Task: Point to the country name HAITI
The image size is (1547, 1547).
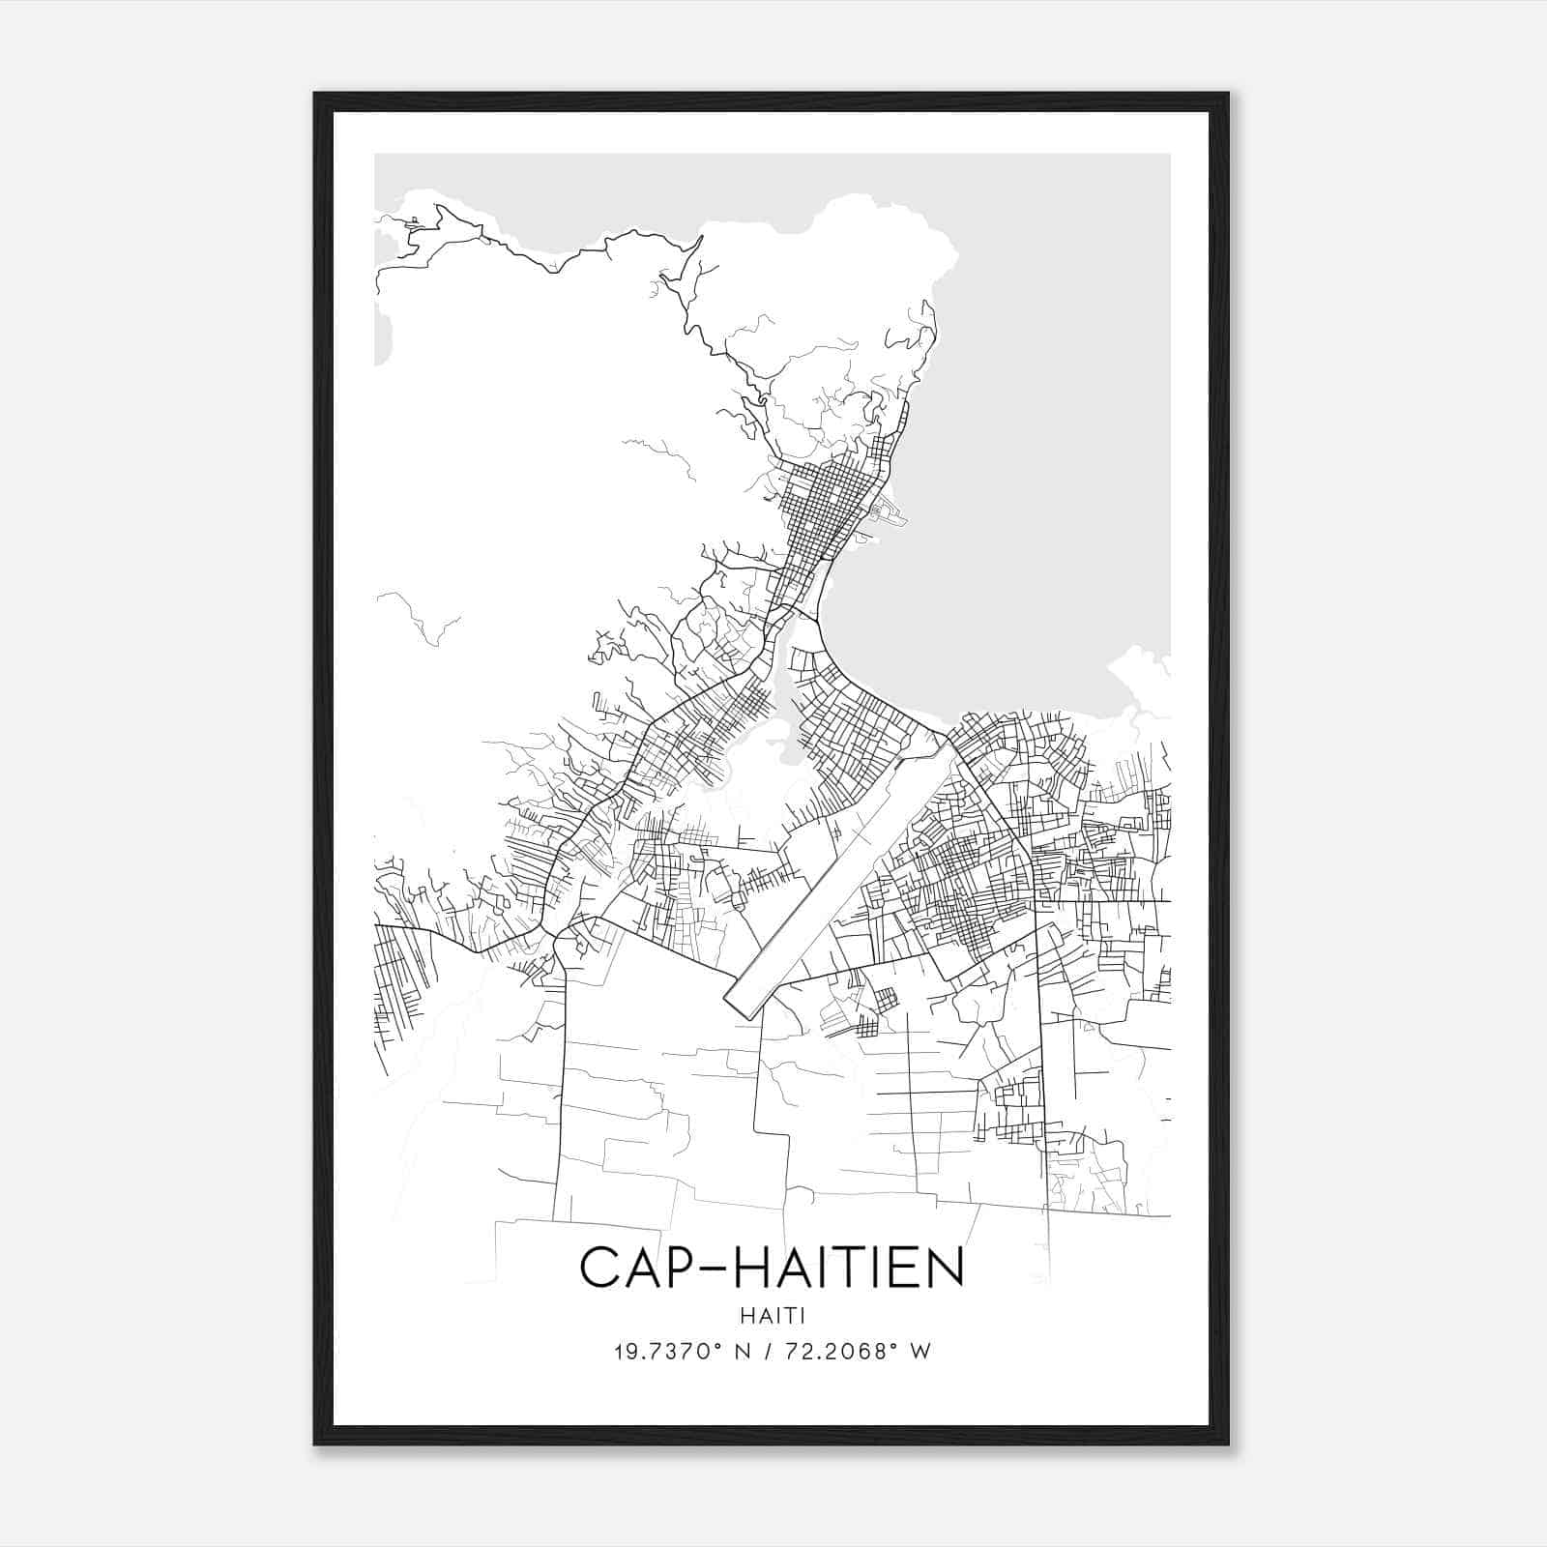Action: pyautogui.click(x=773, y=1315)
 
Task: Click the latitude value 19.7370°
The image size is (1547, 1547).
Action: pyautogui.click(x=663, y=1351)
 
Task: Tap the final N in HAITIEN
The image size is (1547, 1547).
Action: pyautogui.click(x=949, y=1268)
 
